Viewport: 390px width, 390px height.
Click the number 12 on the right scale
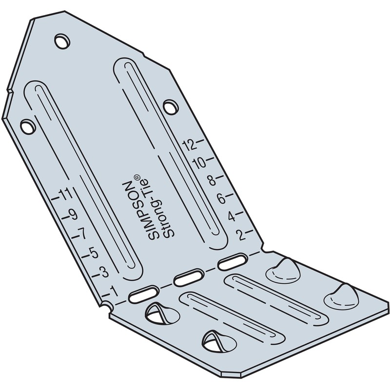tap(189, 144)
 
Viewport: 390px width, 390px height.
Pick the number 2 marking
tap(239, 235)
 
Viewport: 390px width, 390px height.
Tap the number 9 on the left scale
tap(73, 215)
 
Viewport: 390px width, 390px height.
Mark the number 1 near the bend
tap(114, 291)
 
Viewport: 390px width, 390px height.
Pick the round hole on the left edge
tap(28, 126)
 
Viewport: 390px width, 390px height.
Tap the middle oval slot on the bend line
tap(187, 279)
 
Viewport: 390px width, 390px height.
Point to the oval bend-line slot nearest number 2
tap(232, 262)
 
